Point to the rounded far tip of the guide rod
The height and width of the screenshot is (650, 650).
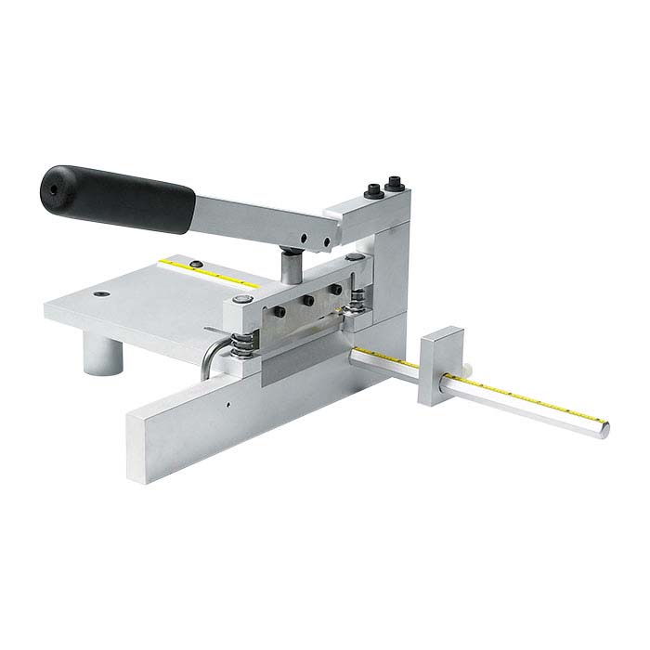coord(604,428)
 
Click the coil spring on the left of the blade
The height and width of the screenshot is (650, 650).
coord(243,339)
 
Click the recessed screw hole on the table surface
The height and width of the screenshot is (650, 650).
coord(100,294)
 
